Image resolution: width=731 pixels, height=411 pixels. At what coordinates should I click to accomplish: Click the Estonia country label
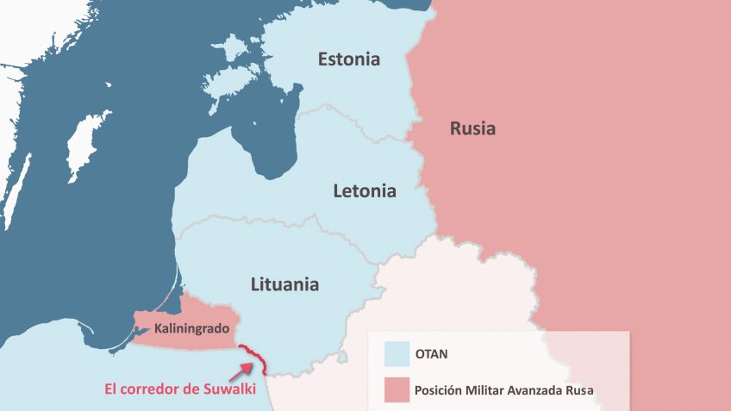tap(348, 59)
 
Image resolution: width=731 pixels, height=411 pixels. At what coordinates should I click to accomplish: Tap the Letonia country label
tap(365, 190)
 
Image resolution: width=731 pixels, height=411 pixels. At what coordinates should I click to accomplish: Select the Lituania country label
tap(284, 283)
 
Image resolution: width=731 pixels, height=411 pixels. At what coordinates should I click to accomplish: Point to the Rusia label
tap(472, 129)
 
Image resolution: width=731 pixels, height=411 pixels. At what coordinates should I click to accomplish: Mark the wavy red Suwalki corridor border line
tap(256, 358)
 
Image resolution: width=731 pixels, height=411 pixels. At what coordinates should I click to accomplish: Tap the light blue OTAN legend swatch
tap(397, 352)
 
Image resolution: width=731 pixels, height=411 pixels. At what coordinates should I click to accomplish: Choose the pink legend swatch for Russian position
tap(397, 389)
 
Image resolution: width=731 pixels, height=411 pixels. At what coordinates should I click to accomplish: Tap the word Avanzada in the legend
tap(550, 390)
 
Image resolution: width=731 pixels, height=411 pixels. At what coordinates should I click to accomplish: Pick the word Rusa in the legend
tap(594, 390)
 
